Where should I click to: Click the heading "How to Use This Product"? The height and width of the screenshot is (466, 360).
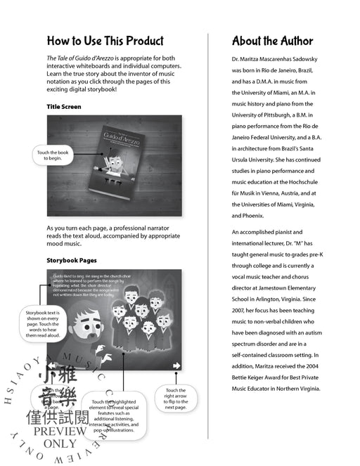[x=105, y=41]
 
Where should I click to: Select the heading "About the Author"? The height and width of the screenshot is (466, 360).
[x=272, y=41]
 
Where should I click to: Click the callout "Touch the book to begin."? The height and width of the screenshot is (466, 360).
[x=53, y=155]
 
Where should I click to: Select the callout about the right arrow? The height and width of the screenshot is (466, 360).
[x=175, y=399]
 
